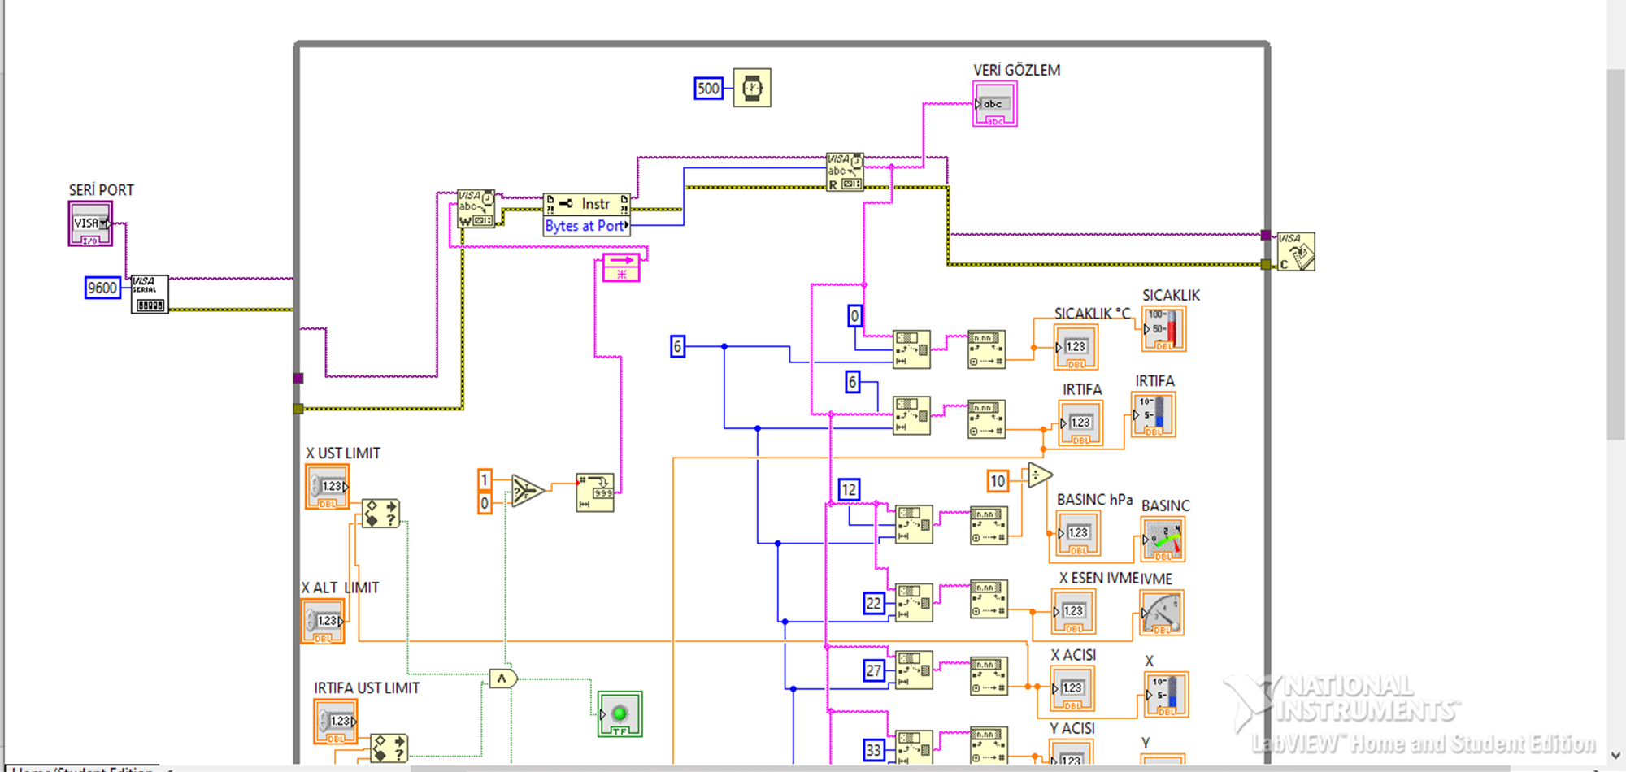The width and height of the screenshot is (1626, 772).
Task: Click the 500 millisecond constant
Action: [708, 89]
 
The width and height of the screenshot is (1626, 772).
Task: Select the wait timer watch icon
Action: [752, 88]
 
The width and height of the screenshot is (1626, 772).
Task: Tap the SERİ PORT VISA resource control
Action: [89, 223]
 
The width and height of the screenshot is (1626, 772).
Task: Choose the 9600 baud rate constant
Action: [102, 288]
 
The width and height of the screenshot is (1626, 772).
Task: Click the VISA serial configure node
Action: [150, 294]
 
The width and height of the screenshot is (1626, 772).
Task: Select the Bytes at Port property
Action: [586, 226]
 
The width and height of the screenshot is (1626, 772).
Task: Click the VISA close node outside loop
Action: [1295, 252]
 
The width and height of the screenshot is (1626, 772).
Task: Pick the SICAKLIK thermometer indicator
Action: [1163, 329]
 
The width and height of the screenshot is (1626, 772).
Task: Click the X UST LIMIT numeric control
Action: [327, 487]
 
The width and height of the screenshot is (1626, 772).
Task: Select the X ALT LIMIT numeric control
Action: [323, 621]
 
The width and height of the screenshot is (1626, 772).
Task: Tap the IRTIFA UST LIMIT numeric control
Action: [336, 722]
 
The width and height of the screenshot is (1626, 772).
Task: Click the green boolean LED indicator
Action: [620, 714]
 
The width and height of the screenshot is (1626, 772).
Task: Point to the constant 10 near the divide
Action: [998, 481]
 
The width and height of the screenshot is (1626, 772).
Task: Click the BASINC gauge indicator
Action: [1163, 540]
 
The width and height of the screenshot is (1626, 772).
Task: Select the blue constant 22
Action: [874, 603]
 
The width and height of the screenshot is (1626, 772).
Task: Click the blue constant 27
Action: [874, 670]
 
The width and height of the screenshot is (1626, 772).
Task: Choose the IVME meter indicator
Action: [1161, 613]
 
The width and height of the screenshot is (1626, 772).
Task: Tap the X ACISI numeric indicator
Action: [1072, 688]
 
